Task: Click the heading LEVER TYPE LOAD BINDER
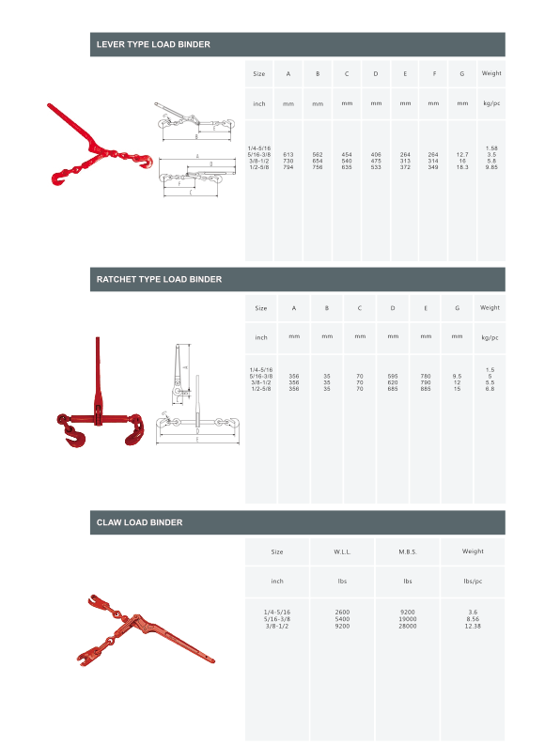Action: click(153, 44)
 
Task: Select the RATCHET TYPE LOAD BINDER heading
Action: click(159, 279)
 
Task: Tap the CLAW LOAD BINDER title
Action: click(139, 521)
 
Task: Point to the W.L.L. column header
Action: click(342, 551)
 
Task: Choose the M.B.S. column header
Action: click(408, 551)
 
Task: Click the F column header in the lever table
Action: click(433, 73)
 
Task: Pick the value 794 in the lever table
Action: click(288, 166)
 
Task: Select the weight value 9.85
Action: click(490, 166)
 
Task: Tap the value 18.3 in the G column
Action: click(462, 166)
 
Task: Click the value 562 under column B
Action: click(318, 153)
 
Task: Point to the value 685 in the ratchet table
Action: click(392, 389)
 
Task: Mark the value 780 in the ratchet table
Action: click(426, 376)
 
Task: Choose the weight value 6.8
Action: click(490, 389)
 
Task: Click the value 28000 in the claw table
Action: click(408, 626)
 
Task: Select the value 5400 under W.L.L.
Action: click(342, 619)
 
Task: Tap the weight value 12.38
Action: click(473, 626)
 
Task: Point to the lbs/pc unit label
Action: click(473, 582)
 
